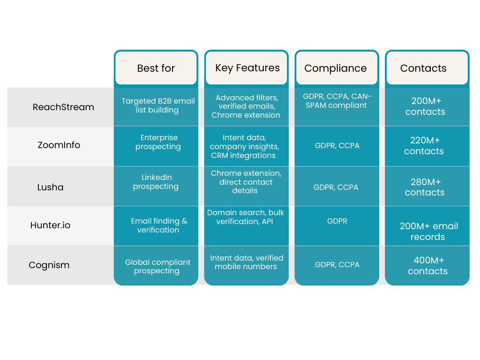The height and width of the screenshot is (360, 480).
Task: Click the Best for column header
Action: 156,68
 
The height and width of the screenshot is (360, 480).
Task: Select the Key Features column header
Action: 247,68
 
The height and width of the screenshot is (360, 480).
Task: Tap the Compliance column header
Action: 336,68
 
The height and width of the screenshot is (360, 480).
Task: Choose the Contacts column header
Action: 423,68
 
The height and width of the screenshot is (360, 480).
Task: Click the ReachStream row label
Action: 63,107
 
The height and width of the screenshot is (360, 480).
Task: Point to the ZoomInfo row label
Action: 59,145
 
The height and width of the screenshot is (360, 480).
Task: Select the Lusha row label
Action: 50,187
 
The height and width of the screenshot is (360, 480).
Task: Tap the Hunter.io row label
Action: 50,225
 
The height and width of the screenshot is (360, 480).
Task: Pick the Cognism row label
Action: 49,265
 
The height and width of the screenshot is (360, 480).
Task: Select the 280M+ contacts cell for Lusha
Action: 425,187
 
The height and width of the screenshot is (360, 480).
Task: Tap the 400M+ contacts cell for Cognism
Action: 427,266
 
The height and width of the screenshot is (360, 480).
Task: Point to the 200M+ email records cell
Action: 428,231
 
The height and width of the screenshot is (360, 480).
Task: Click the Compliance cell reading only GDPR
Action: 337,221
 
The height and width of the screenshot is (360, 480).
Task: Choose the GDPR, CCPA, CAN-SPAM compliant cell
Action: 337,101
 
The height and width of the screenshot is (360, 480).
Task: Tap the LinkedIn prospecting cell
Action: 156,182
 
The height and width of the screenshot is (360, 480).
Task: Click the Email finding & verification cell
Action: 158,225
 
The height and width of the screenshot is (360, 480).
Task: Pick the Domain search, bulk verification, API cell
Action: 246,217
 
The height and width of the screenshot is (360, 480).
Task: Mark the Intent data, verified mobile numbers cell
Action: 247,262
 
